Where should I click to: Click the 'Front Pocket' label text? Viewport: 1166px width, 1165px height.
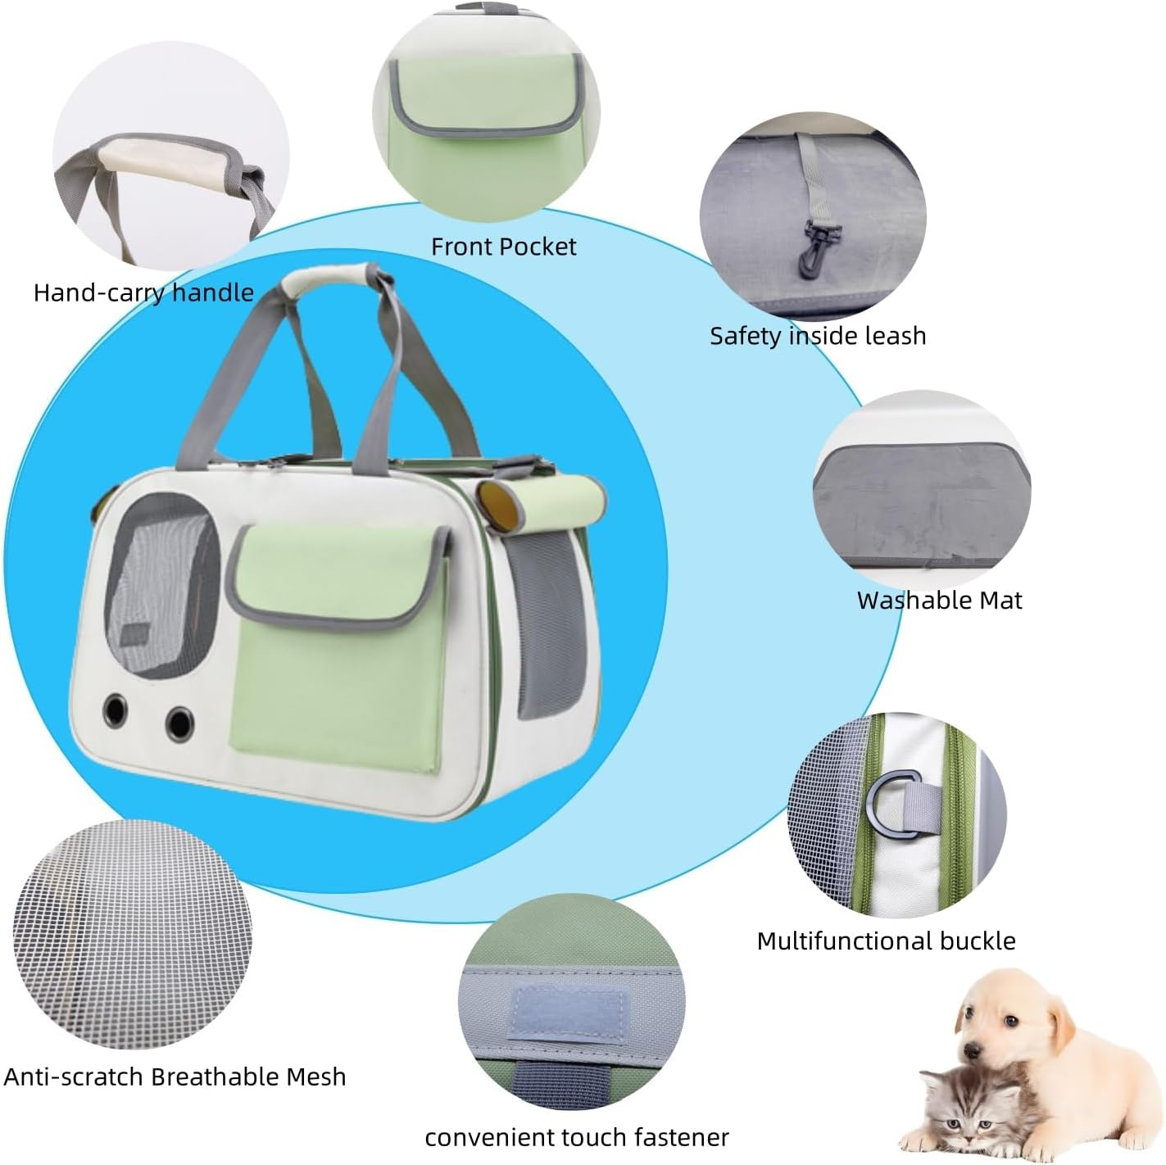(x=503, y=247)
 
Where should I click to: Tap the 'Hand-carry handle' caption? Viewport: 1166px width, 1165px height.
(x=143, y=292)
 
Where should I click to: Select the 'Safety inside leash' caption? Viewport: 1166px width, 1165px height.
(x=818, y=336)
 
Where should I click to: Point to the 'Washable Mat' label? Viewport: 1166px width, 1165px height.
(x=939, y=601)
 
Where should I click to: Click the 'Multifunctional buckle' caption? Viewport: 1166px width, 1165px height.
(x=886, y=941)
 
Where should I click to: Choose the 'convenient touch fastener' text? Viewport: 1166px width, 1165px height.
(x=577, y=1137)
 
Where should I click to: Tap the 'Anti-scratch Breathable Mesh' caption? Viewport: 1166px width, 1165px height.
(x=175, y=1077)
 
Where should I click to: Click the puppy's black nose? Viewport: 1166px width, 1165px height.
(x=973, y=1050)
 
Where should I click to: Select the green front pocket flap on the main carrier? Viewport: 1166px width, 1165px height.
(x=338, y=573)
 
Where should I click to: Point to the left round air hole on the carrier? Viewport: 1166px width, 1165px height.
(x=116, y=709)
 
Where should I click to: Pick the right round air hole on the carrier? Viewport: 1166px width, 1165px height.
(x=179, y=723)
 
